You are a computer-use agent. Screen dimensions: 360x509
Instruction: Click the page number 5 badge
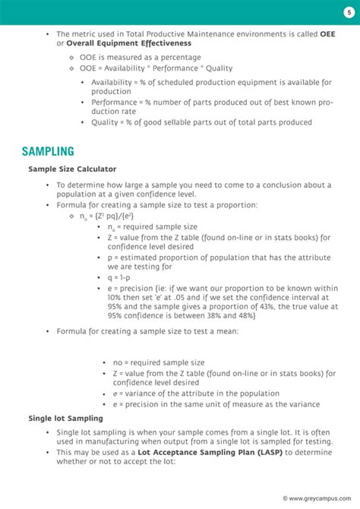(349, 12)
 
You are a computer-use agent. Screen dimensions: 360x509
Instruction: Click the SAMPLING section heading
(48, 152)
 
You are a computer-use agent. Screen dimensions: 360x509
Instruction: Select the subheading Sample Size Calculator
(72, 169)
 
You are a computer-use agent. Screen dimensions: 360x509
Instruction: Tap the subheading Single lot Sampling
(65, 418)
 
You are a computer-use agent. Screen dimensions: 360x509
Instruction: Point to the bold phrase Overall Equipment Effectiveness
(128, 44)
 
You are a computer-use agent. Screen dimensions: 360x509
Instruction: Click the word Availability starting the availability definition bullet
(112, 82)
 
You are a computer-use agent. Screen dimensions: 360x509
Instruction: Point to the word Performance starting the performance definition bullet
(114, 102)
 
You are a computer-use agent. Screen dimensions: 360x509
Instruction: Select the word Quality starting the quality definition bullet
(104, 122)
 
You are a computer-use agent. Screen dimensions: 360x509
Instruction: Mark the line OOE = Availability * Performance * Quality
(156, 68)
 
